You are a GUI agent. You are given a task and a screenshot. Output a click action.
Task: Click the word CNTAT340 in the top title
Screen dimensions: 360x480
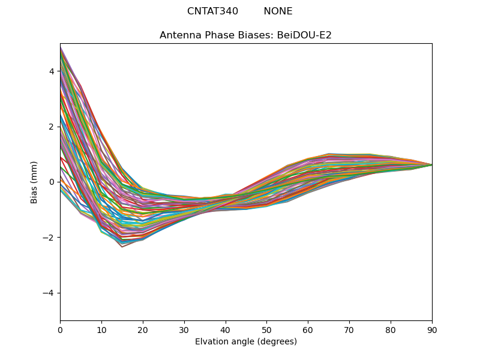tap(212, 11)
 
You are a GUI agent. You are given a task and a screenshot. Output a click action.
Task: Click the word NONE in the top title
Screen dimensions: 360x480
tap(278, 11)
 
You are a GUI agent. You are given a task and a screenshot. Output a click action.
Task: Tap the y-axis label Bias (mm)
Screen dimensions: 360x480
tap(35, 182)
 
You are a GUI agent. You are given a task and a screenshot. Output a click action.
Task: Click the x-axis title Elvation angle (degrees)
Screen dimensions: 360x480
tap(246, 341)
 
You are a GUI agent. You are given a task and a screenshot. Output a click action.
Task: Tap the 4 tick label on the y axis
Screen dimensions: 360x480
tap(52, 71)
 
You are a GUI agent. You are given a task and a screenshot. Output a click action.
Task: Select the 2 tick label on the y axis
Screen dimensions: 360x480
tap(52, 127)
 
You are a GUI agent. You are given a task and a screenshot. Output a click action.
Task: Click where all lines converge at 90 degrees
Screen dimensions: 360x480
tap(431, 164)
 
